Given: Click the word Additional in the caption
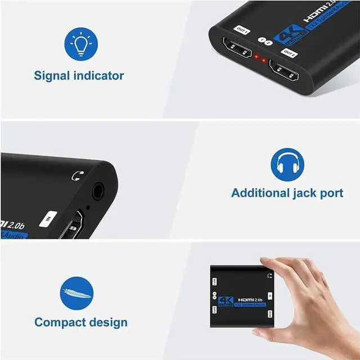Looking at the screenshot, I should coord(259,193).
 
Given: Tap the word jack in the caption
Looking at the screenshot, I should coord(304,193).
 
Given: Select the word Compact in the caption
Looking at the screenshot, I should coord(59,322).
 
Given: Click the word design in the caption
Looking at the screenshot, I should coord(108,322).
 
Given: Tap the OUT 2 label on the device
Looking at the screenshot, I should coord(290,53).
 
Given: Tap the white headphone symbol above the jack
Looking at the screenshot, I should coord(76,176).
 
